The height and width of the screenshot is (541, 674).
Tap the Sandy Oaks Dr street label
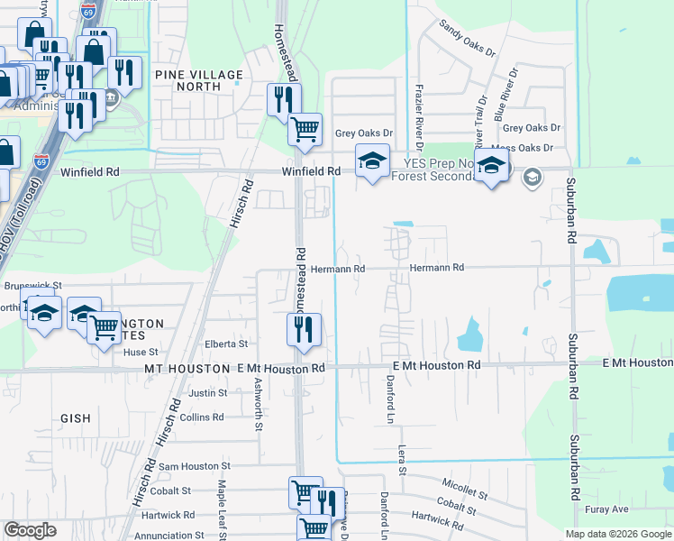pos(469,39)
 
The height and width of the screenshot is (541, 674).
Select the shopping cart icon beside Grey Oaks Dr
pos(305,130)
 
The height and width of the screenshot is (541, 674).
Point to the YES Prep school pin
pos(491,168)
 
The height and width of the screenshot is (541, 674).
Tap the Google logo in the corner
pos(30,530)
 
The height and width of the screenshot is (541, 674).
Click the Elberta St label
pos(226,344)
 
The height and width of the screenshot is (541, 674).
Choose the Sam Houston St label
pos(195,466)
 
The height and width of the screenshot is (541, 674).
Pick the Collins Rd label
pos(201,417)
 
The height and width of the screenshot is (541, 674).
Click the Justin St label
pos(207,393)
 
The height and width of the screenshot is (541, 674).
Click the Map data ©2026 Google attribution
pos(618,534)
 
